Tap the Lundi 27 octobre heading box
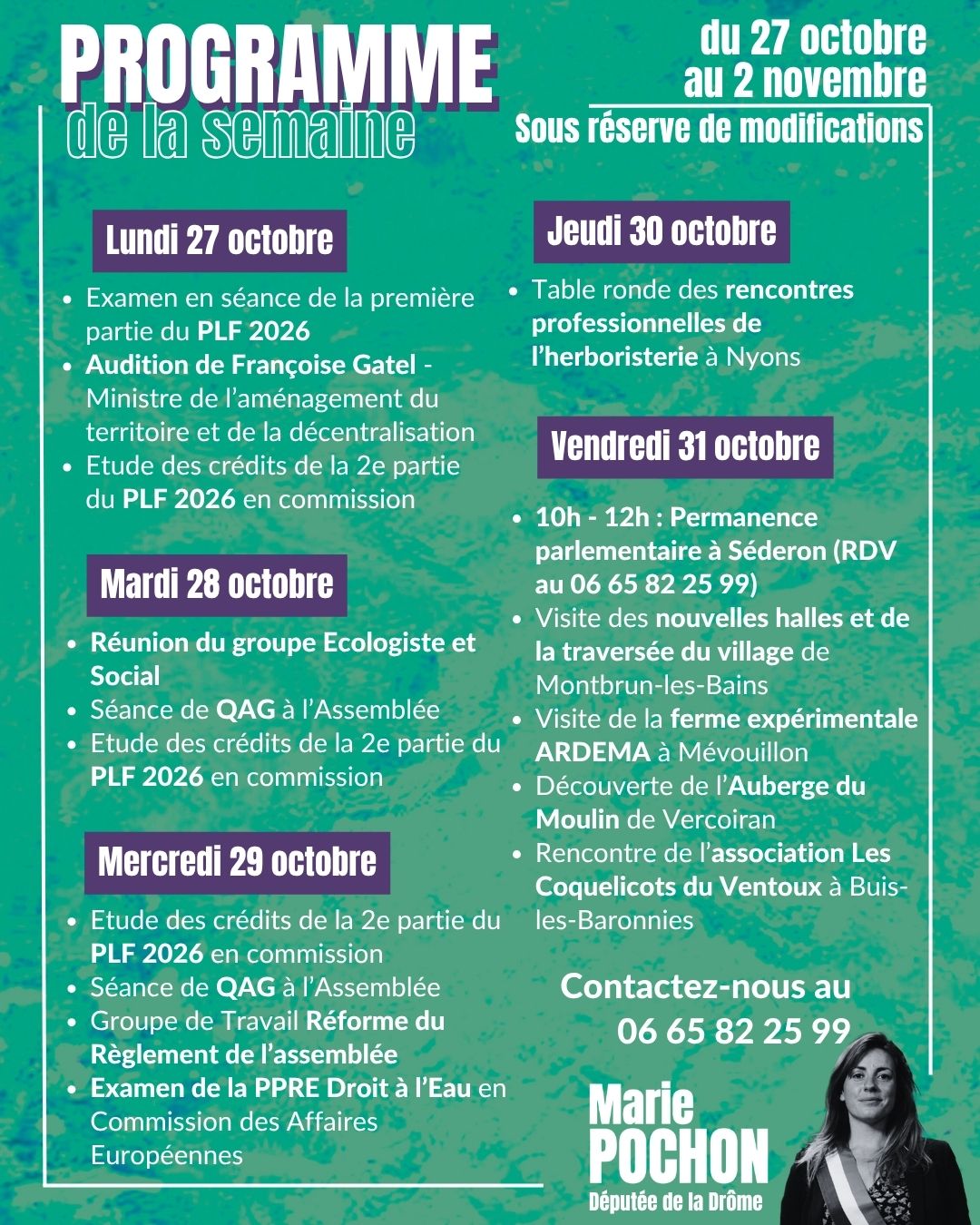pos(220,240)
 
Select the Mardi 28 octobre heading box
pos(217,584)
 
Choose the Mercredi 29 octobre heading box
pos(237,862)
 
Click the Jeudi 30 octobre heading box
pos(661,231)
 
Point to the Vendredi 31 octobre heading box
pos(685,446)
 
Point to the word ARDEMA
pos(593,752)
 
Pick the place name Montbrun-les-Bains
pos(652,685)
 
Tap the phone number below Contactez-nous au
pos(733,1031)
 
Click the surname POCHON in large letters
pos(679,1157)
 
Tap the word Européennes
pos(167,1155)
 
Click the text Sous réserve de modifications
pos(719,129)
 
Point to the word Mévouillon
pos(743,752)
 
